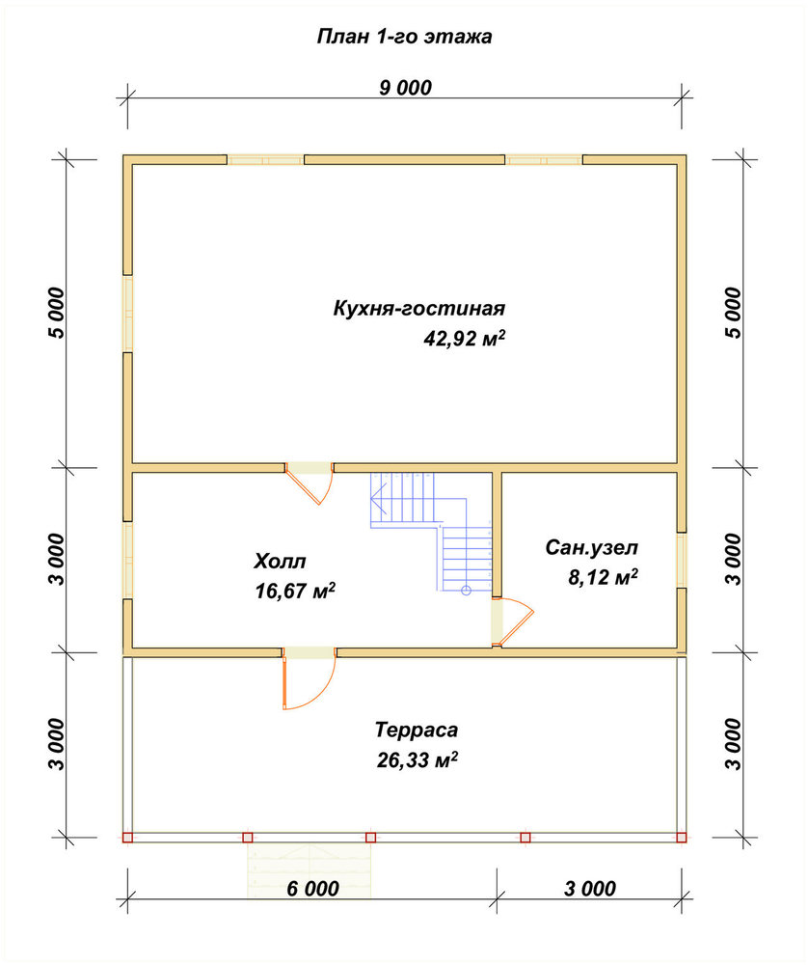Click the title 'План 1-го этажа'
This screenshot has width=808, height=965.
[x=404, y=37]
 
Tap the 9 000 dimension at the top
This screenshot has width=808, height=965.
[x=405, y=88]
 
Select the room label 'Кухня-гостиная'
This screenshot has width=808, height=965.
[x=418, y=308]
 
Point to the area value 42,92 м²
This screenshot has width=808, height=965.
[x=464, y=338]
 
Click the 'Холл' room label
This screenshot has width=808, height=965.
[x=280, y=561]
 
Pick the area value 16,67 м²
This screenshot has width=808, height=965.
[x=295, y=591]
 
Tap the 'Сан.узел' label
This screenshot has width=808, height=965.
[x=592, y=547]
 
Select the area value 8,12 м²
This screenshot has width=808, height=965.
[x=603, y=577]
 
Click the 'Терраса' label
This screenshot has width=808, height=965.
[x=417, y=730]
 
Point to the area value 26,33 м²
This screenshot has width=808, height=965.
[x=417, y=760]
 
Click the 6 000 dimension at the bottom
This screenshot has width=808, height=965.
[x=312, y=888]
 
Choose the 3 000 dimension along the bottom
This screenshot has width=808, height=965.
[x=590, y=888]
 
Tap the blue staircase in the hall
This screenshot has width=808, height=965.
[x=432, y=531]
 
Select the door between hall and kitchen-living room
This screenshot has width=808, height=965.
[x=310, y=483]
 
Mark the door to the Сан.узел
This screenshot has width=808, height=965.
[x=512, y=621]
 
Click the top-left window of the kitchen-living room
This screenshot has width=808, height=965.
[x=266, y=160]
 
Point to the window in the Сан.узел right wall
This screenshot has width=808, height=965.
[x=682, y=560]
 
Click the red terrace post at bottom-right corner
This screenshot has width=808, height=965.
[x=682, y=838]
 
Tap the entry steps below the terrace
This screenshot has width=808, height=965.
[x=310, y=870]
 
